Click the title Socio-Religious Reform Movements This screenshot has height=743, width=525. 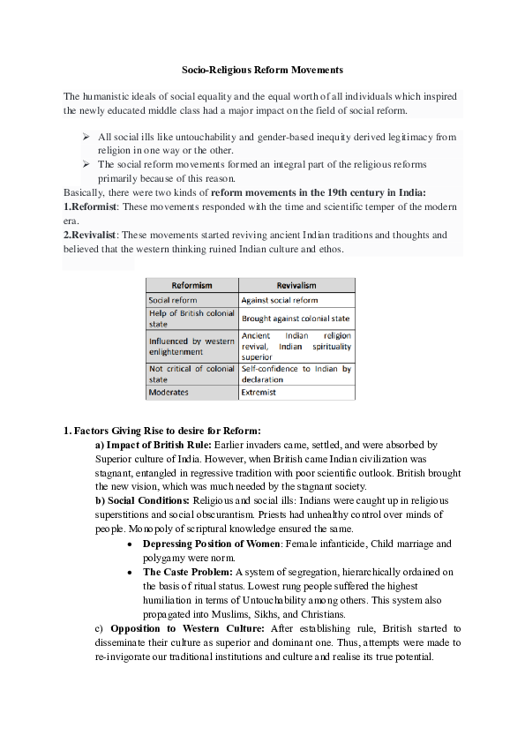[x=262, y=69]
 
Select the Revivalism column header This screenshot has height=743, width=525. [x=296, y=286]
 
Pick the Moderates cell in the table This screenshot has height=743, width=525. [x=169, y=391]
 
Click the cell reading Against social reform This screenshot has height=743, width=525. [x=280, y=300]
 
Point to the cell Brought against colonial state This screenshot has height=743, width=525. [x=296, y=318]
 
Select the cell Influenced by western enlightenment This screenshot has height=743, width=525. [x=191, y=346]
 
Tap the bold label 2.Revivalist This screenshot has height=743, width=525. [x=91, y=235]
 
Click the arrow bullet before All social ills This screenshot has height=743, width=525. [x=86, y=137]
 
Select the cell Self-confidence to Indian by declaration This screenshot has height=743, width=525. [x=296, y=374]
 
